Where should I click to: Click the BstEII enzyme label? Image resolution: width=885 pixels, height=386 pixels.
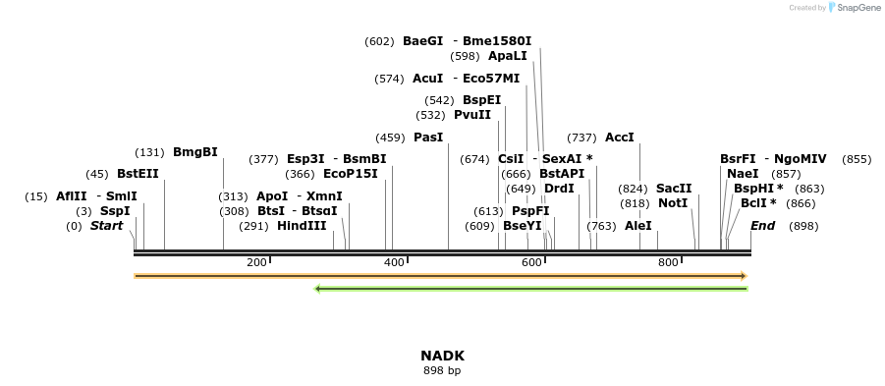[138, 174]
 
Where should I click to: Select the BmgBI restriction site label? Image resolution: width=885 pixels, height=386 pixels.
[194, 152]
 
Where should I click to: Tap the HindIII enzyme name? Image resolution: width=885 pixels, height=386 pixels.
[302, 226]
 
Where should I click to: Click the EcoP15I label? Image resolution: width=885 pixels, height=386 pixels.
[350, 174]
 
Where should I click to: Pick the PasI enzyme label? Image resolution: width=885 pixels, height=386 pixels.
[428, 138]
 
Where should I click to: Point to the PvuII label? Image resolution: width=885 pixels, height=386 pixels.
[472, 115]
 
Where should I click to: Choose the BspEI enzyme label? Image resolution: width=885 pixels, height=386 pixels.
[481, 100]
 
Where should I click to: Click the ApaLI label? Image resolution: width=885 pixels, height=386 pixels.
[508, 56]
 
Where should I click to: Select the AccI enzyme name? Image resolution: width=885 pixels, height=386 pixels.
[620, 138]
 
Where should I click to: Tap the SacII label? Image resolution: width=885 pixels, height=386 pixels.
[674, 189]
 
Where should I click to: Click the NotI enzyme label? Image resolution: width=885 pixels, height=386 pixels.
[673, 203]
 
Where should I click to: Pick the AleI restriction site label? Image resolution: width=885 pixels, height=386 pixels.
[638, 226]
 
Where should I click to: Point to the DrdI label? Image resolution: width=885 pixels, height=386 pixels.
[559, 189]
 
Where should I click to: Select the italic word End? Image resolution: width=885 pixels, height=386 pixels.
[763, 226]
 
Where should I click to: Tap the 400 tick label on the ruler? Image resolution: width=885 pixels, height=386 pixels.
[394, 262]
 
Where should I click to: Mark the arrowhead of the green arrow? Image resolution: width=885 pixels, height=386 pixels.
[317, 289]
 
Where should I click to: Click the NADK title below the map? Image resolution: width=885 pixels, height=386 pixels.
[442, 356]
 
